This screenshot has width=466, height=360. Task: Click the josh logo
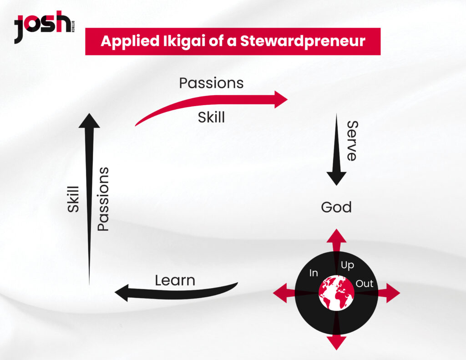coord(44,27)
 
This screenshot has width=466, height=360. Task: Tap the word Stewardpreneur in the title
coord(303,41)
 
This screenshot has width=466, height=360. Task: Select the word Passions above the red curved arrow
coord(211,83)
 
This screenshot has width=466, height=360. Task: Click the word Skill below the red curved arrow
coord(211,117)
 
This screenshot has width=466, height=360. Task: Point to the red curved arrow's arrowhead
coord(280,99)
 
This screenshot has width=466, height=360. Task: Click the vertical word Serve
coord(353,141)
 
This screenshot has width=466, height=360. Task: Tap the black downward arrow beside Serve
coord(336,149)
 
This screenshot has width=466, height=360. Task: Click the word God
coord(336,207)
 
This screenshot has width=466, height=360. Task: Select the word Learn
coord(175,280)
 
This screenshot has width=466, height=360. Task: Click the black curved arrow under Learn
coord(176,292)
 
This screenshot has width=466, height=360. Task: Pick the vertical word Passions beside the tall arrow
coord(103,199)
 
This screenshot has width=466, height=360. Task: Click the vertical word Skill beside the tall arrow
coord(73,199)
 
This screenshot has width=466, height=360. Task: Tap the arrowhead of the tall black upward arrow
coord(89,121)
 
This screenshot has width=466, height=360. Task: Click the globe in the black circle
coord(336,293)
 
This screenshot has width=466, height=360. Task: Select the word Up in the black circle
coord(347,265)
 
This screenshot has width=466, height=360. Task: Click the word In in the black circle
coord(314,273)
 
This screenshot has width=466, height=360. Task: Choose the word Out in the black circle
coord(365,284)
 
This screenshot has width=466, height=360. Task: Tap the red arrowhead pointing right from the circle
coord(393,293)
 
